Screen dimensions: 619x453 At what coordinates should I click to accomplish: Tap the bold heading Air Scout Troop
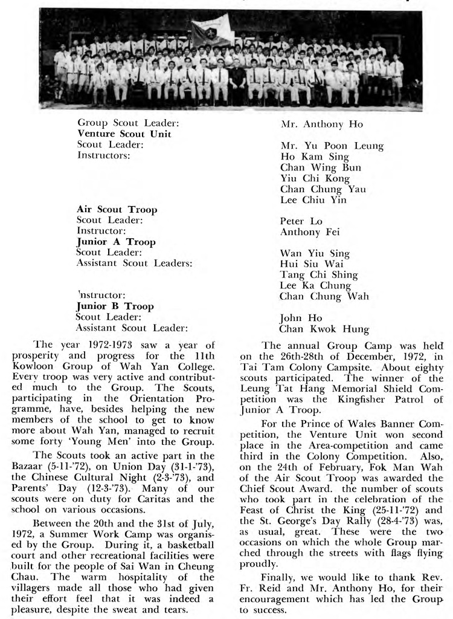pos(117,210)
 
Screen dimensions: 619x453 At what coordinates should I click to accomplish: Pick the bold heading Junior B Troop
pos(114,306)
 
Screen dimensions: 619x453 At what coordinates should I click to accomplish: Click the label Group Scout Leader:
pos(129,123)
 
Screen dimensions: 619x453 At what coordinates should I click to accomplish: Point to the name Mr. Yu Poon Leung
pos(332,146)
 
